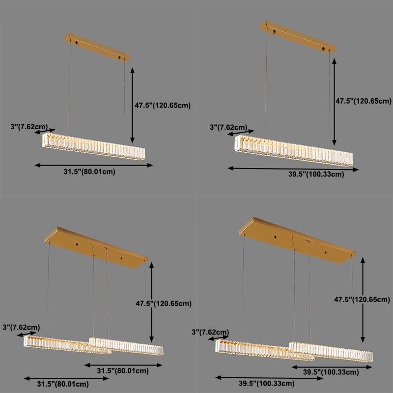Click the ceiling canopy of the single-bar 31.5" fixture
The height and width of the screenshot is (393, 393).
click(97, 47)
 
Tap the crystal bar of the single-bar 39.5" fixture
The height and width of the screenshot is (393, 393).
click(294, 150)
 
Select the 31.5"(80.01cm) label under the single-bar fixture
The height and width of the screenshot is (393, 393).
click(89, 172)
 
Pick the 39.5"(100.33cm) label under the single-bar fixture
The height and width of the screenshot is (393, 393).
click(316, 174)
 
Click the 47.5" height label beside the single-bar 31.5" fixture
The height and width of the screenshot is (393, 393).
click(163, 105)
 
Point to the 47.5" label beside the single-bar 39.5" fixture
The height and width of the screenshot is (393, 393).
click(364, 101)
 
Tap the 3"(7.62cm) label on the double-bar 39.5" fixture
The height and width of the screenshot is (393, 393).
click(210, 332)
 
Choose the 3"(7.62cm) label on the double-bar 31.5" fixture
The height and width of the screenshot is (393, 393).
click(21, 327)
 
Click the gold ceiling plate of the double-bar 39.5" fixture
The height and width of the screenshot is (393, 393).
click(297, 240)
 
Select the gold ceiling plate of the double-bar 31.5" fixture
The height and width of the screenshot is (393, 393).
click(96, 247)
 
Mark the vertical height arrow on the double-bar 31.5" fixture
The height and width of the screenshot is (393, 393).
click(151, 302)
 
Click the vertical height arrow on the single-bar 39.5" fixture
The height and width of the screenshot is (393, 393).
click(335, 102)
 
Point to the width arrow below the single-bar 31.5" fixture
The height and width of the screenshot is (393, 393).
click(94, 165)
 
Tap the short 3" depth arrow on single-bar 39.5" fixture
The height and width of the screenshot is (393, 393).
click(241, 133)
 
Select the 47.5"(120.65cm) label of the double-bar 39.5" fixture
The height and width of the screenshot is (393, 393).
click(362, 300)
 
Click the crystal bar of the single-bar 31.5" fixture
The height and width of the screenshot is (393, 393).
click(94, 146)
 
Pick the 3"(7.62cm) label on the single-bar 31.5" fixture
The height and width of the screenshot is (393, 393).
click(29, 127)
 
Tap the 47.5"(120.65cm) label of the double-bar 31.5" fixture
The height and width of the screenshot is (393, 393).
click(164, 304)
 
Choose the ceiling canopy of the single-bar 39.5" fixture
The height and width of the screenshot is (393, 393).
click(298, 36)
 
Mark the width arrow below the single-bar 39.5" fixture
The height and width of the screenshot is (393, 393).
click(293, 169)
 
